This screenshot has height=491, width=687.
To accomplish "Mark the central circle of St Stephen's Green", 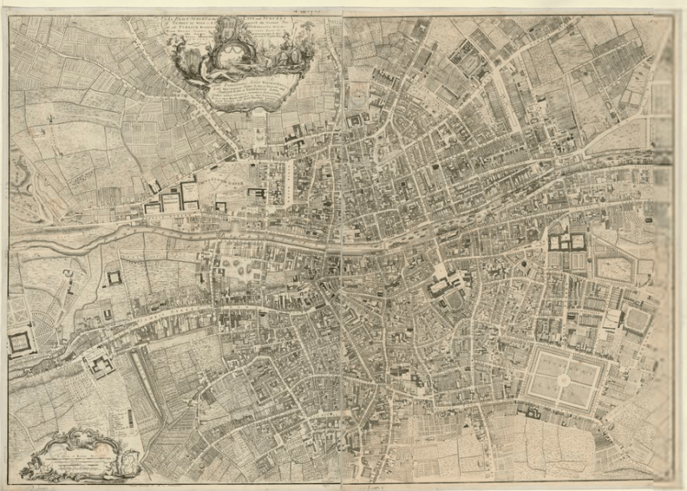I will tap(563, 380).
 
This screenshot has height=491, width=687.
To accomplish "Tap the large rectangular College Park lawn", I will tap(614, 269).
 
